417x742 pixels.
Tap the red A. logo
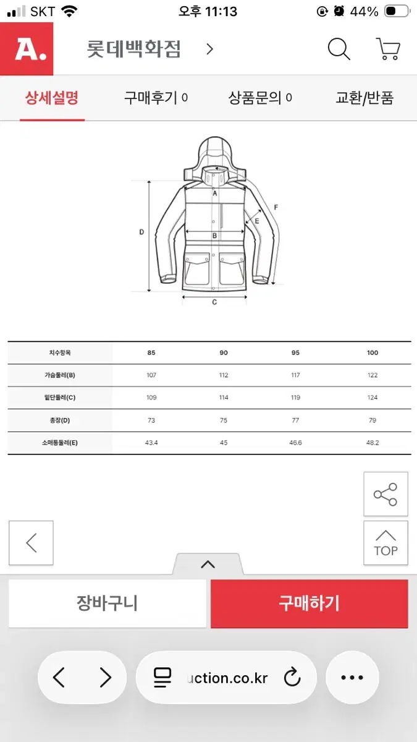(27, 49)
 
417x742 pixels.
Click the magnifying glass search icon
(339, 49)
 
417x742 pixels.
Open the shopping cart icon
(388, 49)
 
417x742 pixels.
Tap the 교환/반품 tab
(364, 98)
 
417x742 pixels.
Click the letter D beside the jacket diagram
(141, 232)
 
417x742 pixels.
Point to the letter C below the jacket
(214, 302)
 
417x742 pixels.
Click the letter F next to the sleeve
(276, 207)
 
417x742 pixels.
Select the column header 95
(295, 353)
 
